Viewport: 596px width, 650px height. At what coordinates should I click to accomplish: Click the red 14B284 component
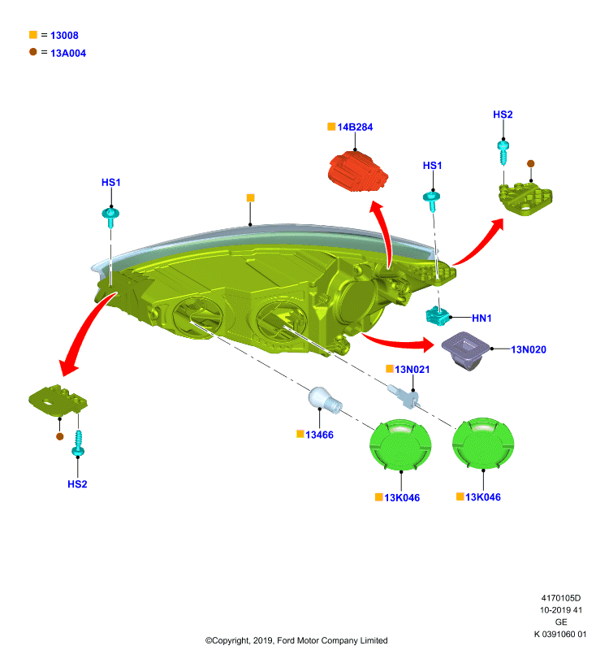click(x=358, y=172)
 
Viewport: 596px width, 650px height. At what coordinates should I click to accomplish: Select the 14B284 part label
click(x=355, y=128)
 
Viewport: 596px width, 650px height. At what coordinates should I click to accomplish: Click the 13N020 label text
click(x=529, y=349)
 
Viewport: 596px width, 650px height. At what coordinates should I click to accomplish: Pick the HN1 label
click(x=482, y=318)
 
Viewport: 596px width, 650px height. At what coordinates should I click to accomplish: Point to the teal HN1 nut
click(x=438, y=316)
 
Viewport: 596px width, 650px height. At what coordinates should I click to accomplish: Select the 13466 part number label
click(x=319, y=435)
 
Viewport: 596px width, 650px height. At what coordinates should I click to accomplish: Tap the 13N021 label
click(x=412, y=370)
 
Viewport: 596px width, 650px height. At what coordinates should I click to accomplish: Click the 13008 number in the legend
click(x=64, y=35)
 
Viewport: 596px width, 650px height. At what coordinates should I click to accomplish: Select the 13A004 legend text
click(x=68, y=53)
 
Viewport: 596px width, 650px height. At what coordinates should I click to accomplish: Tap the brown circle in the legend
click(x=33, y=52)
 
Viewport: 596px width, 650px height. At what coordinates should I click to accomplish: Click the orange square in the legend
click(x=33, y=34)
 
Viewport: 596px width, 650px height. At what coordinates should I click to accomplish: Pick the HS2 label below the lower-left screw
click(x=77, y=484)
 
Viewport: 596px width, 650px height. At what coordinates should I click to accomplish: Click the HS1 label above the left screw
click(x=111, y=182)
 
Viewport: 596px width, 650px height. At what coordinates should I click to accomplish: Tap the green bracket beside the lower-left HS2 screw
click(x=58, y=400)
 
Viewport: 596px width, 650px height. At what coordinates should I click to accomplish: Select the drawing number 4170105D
click(x=561, y=598)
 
